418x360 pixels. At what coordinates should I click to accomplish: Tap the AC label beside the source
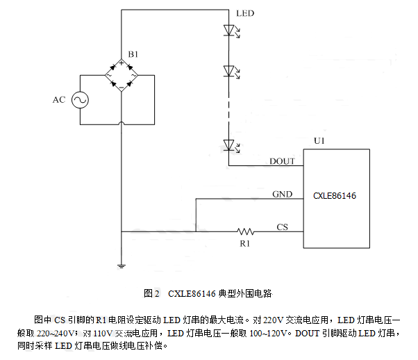[x=59, y=100]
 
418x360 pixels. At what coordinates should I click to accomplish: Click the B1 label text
[x=133, y=54]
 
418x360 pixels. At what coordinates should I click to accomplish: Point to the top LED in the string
[x=228, y=31]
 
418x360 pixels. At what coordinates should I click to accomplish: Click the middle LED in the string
[x=228, y=71]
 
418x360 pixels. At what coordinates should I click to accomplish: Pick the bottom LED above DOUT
[x=228, y=145]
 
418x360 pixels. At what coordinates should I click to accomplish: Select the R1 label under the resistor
[x=244, y=245]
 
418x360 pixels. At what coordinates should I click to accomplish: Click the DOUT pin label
[x=282, y=161]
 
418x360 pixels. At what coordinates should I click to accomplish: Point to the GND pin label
[x=282, y=194]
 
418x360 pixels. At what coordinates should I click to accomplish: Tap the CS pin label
[x=282, y=227]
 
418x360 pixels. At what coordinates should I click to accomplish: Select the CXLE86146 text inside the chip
[x=335, y=197]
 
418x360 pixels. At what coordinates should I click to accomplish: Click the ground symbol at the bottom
[x=121, y=265]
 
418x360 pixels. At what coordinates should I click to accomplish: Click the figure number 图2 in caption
[x=152, y=294]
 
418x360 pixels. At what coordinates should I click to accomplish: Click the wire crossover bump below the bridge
[x=121, y=124]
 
